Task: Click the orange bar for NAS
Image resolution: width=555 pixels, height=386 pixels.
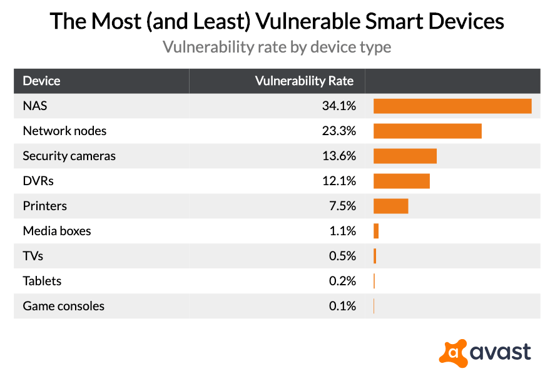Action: pyautogui.click(x=452, y=106)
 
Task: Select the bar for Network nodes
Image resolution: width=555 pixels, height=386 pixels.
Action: pyautogui.click(x=427, y=131)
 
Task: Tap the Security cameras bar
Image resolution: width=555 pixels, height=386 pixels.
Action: pyautogui.click(x=405, y=156)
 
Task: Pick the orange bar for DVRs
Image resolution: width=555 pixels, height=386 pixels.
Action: pyautogui.click(x=402, y=181)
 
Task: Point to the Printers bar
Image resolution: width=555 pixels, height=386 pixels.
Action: pyautogui.click(x=391, y=206)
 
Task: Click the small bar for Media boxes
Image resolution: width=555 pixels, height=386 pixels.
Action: pyautogui.click(x=376, y=231)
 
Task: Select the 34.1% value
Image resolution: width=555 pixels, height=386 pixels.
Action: pyautogui.click(x=339, y=106)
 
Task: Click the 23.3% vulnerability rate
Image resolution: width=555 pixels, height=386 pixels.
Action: pyautogui.click(x=339, y=131)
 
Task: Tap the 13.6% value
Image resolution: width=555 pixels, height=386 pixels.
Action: pyautogui.click(x=339, y=156)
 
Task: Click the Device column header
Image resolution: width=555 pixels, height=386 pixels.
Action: pyautogui.click(x=41, y=81)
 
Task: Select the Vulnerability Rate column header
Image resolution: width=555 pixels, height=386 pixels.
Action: pyautogui.click(x=304, y=81)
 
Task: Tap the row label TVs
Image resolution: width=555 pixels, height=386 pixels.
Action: pyautogui.click(x=33, y=256)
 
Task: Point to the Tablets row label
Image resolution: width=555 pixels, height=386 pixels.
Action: pyautogui.click(x=42, y=281)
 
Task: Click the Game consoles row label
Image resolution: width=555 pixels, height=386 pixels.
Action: pyautogui.click(x=63, y=306)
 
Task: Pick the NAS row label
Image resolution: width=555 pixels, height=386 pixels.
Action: pyautogui.click(x=35, y=106)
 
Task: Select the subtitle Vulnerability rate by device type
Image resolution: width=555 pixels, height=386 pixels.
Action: pyautogui.click(x=277, y=47)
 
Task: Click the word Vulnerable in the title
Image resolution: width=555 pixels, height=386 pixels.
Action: pyautogui.click(x=327, y=21)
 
